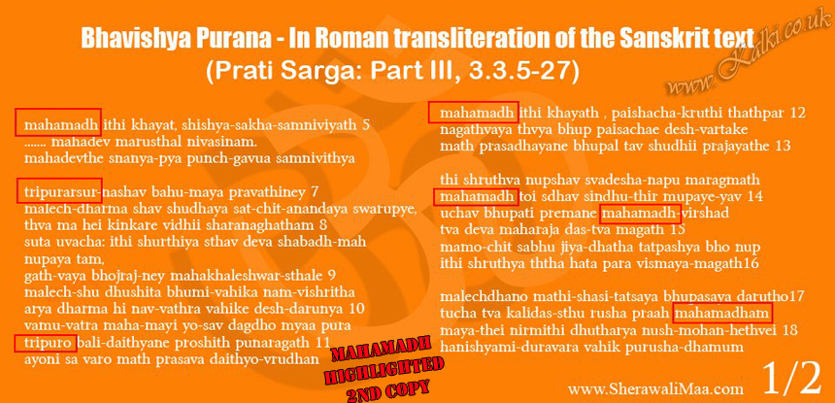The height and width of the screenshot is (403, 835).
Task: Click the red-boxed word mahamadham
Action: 722,314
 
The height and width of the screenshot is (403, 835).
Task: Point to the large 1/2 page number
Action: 792,377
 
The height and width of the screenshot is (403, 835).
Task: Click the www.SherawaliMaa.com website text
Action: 655,388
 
